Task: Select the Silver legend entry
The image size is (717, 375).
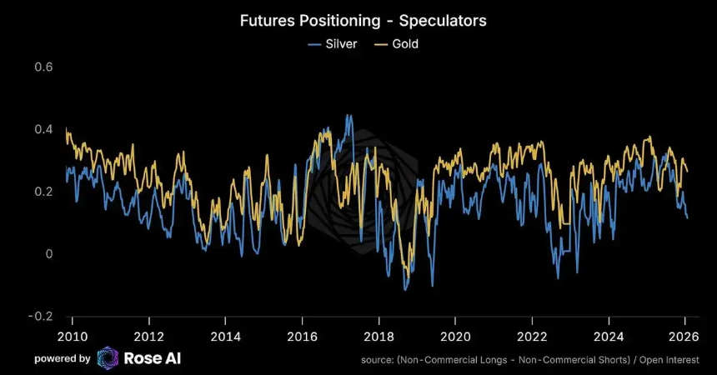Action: pyautogui.click(x=333, y=42)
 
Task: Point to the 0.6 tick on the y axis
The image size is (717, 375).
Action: pyautogui.click(x=43, y=67)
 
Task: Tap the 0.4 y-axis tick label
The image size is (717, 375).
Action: pyautogui.click(x=43, y=129)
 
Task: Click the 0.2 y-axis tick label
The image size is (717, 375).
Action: pyautogui.click(x=43, y=192)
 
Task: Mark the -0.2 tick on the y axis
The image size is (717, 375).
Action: pyautogui.click(x=42, y=317)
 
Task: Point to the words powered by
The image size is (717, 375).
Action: pyautogui.click(x=63, y=358)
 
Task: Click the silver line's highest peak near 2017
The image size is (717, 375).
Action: pyautogui.click(x=348, y=116)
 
